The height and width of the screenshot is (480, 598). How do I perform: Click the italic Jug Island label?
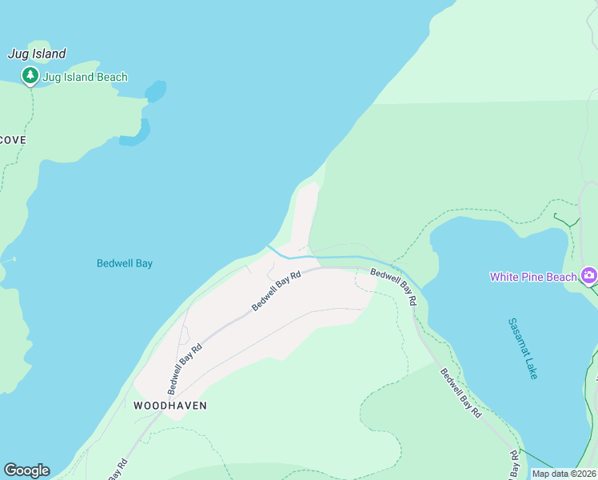(37, 54)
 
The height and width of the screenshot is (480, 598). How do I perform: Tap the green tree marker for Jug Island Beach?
(30, 76)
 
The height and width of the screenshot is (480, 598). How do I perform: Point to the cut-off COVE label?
(13, 140)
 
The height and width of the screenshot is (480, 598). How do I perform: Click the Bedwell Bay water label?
(124, 263)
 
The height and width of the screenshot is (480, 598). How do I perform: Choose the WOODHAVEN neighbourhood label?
(170, 406)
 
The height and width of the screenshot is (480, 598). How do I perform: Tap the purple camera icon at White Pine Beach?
(589, 275)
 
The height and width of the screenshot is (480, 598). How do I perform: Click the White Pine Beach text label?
(533, 277)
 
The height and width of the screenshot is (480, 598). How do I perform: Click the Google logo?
(26, 470)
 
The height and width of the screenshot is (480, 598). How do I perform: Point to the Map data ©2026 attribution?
(564, 474)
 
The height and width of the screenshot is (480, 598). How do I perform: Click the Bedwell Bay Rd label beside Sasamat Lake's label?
(460, 393)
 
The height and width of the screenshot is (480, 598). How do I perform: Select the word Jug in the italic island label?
(18, 54)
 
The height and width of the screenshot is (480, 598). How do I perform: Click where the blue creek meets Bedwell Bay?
(269, 247)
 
